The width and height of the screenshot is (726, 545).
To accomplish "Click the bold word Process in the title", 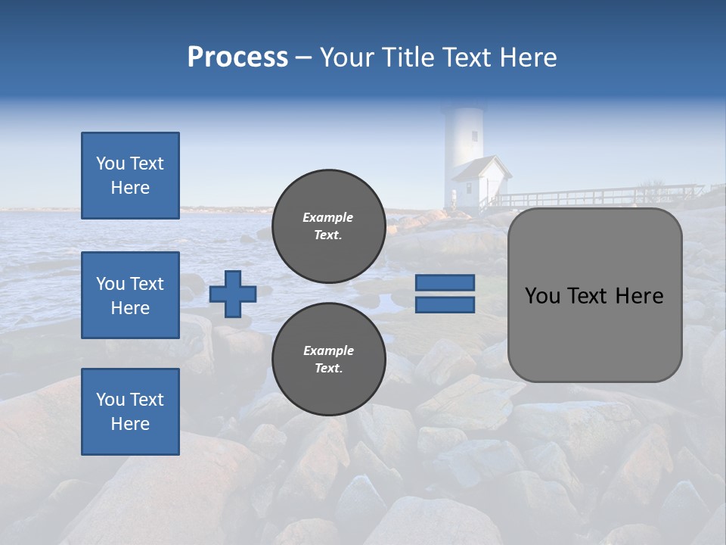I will (x=237, y=58).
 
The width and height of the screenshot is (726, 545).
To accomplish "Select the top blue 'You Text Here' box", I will (x=130, y=176).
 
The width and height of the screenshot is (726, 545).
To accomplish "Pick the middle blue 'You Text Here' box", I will (x=130, y=295).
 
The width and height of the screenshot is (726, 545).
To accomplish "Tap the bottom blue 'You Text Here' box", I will (x=130, y=412).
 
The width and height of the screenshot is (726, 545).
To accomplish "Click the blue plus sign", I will (x=233, y=294).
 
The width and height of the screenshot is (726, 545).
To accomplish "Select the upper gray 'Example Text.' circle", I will (x=328, y=226).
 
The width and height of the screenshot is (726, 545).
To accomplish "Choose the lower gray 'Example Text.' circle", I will (x=328, y=360).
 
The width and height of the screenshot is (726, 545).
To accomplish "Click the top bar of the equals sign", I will (x=445, y=283).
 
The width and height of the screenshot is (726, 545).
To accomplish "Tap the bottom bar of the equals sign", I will (x=445, y=305).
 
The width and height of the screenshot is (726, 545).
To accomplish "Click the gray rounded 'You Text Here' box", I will (x=594, y=295).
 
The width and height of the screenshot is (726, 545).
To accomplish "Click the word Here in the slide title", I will (x=529, y=58).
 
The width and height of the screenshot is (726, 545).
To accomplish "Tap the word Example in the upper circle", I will (x=328, y=217).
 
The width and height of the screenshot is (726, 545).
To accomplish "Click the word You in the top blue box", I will (x=110, y=163).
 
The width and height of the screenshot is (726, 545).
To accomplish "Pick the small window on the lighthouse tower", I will (x=475, y=136).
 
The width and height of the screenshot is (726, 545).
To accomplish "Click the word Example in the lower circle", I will (x=328, y=350).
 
